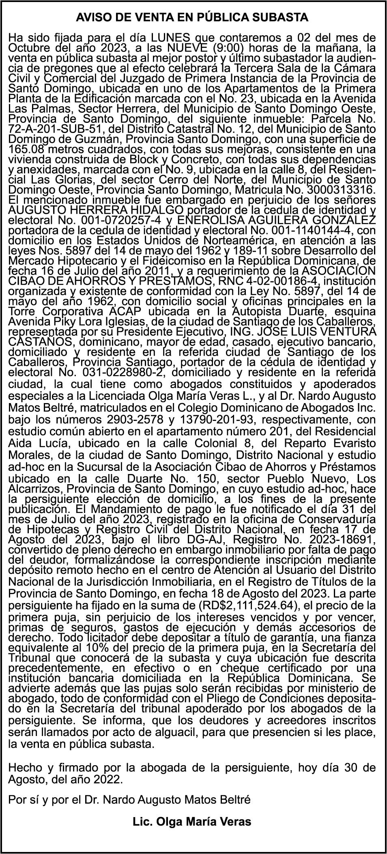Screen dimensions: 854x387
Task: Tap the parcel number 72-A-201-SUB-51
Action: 54,129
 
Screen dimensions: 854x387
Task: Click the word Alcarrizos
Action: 35,489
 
